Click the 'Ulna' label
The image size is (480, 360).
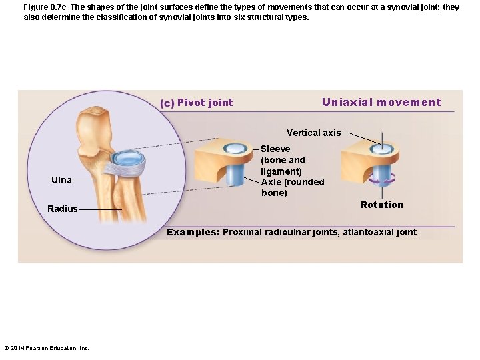(x=62, y=180)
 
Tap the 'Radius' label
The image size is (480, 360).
(x=62, y=209)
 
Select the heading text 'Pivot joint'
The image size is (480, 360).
(x=205, y=103)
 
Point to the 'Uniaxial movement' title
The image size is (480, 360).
(x=381, y=102)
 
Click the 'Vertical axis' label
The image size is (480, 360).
(x=313, y=133)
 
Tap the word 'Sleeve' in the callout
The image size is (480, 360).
(x=275, y=149)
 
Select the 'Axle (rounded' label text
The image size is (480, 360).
(x=293, y=182)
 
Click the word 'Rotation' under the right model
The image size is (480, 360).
(x=381, y=205)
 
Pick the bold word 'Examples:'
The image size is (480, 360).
(x=193, y=232)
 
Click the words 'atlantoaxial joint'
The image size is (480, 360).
(x=379, y=232)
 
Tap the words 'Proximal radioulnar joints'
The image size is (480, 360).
(x=279, y=232)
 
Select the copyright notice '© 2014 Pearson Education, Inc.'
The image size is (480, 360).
(x=47, y=347)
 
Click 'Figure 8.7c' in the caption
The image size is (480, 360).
(x=45, y=7)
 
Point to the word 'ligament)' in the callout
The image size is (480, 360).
(x=281, y=171)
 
